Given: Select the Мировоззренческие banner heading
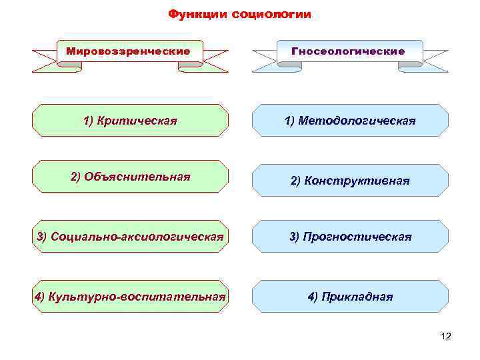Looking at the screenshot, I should pyautogui.click(x=129, y=51).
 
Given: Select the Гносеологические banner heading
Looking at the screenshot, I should pyautogui.click(x=348, y=51).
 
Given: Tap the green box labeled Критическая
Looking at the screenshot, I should pyautogui.click(x=130, y=121).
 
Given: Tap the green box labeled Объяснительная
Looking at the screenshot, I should pyautogui.click(x=130, y=177).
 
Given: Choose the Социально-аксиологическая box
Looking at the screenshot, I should pyautogui.click(x=130, y=237).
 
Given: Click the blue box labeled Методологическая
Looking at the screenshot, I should pyautogui.click(x=350, y=121).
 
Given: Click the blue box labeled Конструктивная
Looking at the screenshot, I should pyautogui.click(x=350, y=181).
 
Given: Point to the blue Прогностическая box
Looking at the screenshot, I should pyautogui.click(x=350, y=237).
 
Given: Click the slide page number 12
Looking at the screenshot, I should pyautogui.click(x=446, y=337).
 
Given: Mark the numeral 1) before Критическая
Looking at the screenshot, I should pyautogui.click(x=89, y=121).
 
